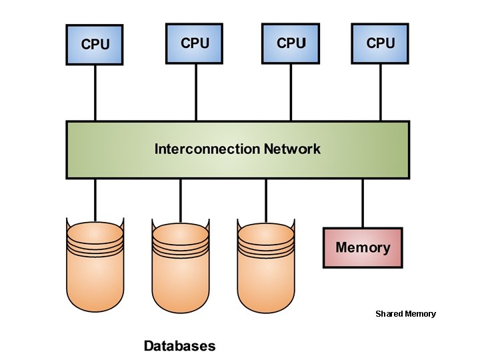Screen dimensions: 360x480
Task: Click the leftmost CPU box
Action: [95, 45]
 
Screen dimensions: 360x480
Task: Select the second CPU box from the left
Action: [195, 43]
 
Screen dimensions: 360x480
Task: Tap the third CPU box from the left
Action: [291, 43]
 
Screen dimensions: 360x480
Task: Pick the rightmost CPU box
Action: [381, 43]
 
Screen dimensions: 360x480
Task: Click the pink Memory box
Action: [363, 247]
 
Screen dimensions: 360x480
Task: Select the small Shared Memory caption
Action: [405, 313]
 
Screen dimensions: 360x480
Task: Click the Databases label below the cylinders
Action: [180, 346]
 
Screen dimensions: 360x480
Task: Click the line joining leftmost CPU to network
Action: [95, 93]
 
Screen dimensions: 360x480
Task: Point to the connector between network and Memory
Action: [363, 203]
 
